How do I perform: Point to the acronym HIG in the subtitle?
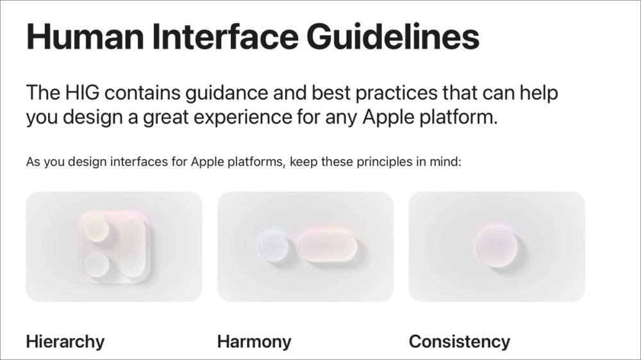point(81,93)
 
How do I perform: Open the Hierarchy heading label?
point(65,341)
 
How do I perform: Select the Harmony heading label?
point(254,341)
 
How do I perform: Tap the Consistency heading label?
point(459,341)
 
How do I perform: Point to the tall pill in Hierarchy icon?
point(133,246)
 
